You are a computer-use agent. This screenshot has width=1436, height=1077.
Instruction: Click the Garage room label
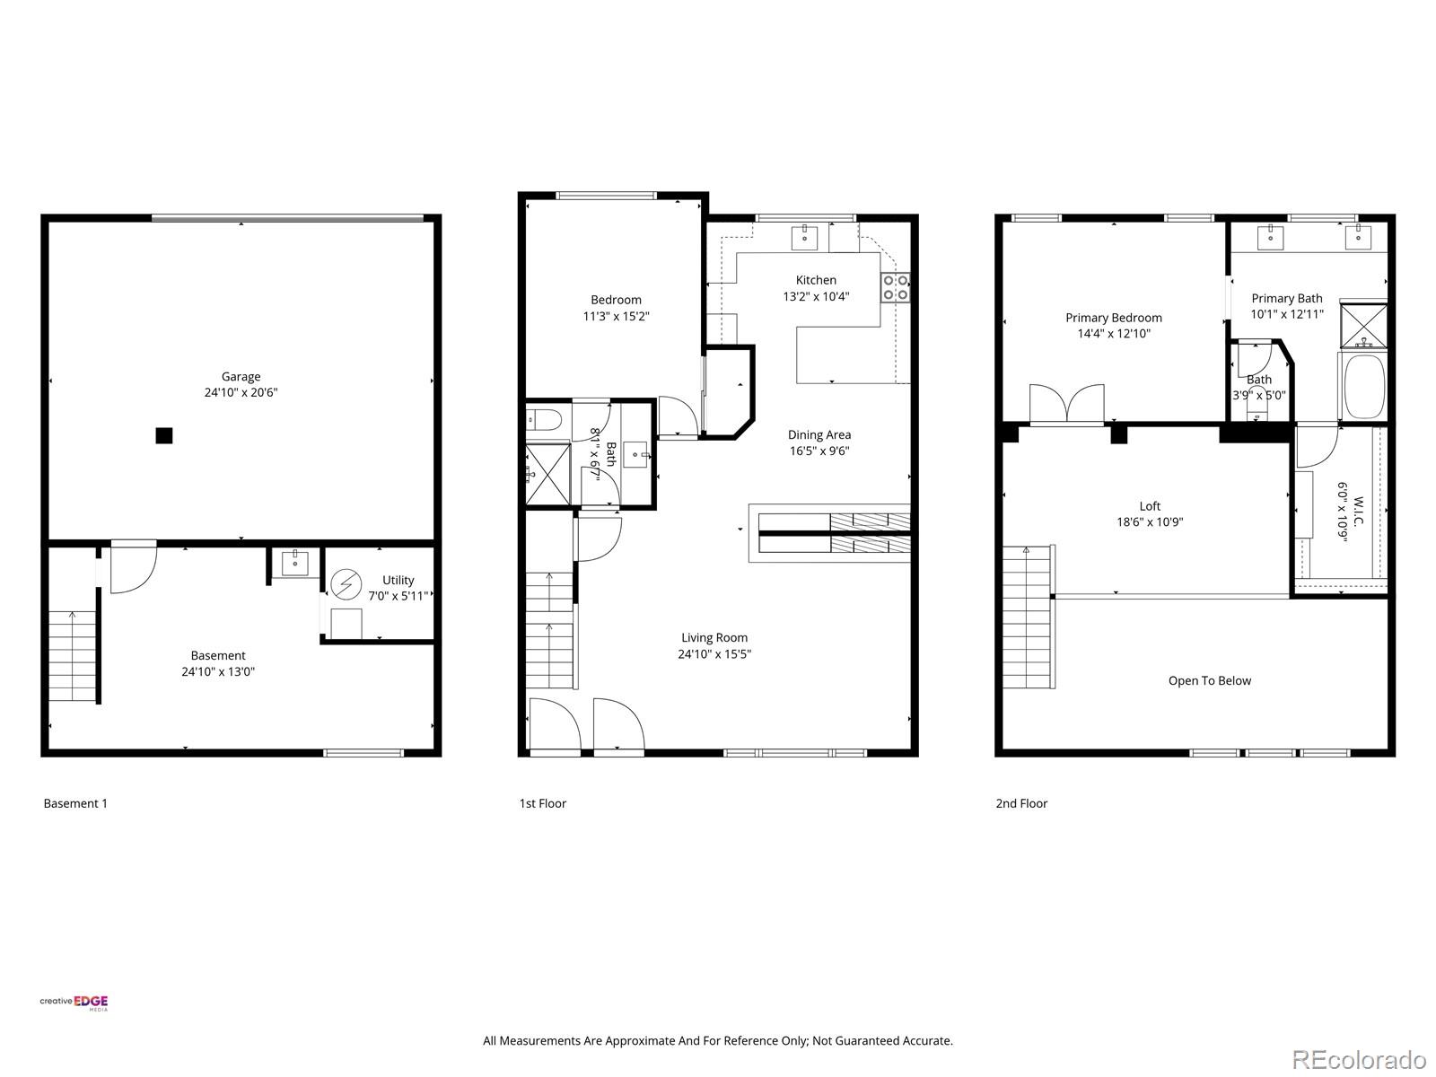tap(241, 377)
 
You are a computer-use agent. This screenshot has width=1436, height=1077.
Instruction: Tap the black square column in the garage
tap(163, 435)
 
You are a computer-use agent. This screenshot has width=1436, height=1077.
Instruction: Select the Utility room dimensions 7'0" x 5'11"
tap(398, 596)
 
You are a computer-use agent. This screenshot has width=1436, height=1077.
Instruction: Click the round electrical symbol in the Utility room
tap(346, 584)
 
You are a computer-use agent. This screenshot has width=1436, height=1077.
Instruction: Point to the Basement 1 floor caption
tap(75, 803)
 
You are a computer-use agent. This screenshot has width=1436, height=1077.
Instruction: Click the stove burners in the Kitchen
tap(896, 287)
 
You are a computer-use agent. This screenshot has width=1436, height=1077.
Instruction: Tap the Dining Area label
tap(819, 435)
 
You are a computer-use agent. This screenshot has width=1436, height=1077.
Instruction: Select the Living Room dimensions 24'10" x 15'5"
tap(714, 654)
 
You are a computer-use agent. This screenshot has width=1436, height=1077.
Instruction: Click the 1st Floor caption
tap(542, 803)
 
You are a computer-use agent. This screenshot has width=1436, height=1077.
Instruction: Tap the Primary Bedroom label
tap(1113, 318)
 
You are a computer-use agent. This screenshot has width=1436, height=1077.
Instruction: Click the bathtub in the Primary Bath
tap(1362, 387)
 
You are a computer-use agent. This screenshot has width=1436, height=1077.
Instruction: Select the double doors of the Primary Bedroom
tap(1066, 404)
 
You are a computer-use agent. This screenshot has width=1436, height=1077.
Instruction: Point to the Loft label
tap(1150, 506)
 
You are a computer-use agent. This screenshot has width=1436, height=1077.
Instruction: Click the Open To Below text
tap(1209, 680)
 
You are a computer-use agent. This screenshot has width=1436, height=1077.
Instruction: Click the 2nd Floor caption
tap(1020, 803)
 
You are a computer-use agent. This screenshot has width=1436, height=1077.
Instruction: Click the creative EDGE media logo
tap(74, 1003)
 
